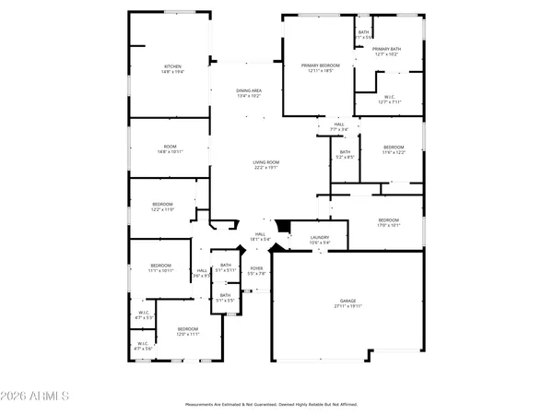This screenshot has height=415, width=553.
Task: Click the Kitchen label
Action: point(172,66)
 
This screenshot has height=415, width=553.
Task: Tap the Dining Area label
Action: point(249,90)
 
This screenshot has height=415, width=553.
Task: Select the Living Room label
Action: point(266,163)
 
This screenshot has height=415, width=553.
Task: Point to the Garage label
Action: point(348,302)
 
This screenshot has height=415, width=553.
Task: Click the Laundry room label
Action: point(320,238)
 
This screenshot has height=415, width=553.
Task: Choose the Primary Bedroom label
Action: point(321,65)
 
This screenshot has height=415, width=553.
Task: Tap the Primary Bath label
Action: point(386,49)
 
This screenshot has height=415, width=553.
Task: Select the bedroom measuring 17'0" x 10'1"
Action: point(388,220)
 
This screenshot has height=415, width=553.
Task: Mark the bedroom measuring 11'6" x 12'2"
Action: point(394,148)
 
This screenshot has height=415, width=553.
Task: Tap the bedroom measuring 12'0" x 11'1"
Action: point(188,329)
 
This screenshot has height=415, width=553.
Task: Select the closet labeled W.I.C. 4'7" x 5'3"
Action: point(144,314)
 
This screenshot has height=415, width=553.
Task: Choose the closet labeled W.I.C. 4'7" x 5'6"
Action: point(144,345)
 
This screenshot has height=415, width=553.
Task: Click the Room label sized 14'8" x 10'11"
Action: point(171,146)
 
